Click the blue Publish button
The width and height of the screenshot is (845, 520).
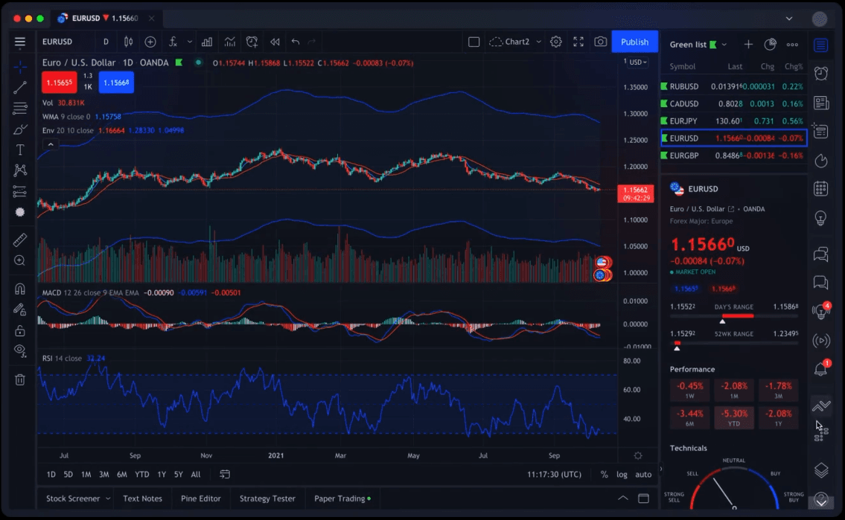634,42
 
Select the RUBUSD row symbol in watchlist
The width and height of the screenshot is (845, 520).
683,87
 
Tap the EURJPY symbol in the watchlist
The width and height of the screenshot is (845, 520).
683,121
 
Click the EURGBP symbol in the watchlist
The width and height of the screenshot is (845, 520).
683,155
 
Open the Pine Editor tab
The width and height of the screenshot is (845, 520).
201,498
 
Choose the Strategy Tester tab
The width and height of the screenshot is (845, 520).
267,498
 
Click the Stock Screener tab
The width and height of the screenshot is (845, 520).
73,498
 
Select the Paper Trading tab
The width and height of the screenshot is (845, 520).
339,498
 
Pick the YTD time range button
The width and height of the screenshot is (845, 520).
141,475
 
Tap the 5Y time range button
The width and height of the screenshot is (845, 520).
178,475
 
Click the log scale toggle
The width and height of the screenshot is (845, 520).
622,475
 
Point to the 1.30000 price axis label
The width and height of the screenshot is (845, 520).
635,114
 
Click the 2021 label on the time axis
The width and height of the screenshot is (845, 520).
276,455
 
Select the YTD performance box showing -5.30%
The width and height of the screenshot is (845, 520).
733,418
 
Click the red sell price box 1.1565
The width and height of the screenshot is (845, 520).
59,83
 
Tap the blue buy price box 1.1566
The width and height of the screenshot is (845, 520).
116,83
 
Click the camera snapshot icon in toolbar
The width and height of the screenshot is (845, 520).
600,42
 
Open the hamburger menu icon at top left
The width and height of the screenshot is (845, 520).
20,42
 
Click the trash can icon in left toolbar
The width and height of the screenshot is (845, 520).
20,379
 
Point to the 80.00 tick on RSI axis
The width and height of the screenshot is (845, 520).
632,361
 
